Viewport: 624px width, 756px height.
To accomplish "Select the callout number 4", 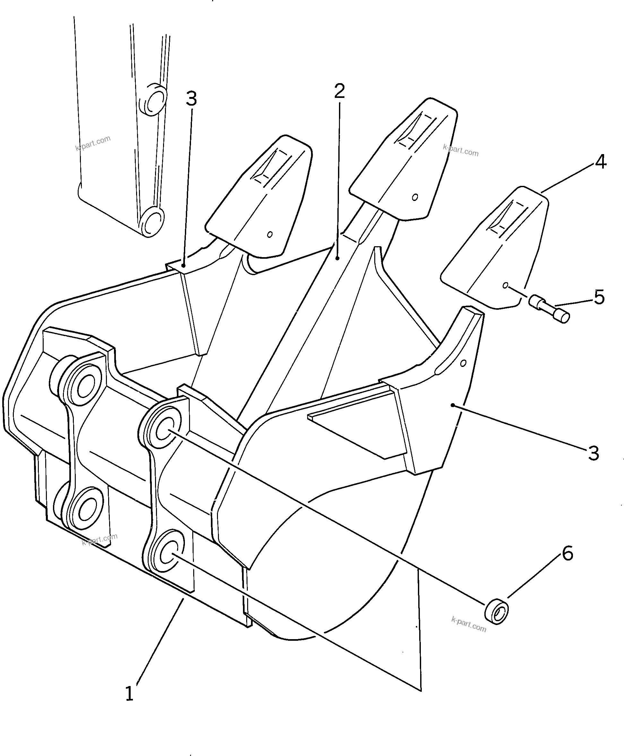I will point(601,162).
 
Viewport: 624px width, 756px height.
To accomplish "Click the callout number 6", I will point(567,554).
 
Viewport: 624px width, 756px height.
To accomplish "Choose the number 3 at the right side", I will point(594,454).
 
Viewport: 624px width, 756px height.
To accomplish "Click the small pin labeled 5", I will point(550,309).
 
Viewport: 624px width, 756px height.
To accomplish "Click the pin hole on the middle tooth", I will point(415,197).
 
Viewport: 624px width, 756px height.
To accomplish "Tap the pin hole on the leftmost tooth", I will point(270,234).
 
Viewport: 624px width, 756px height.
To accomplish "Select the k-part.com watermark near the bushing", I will point(468,624).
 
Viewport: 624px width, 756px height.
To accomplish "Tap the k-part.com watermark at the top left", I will point(93,143).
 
